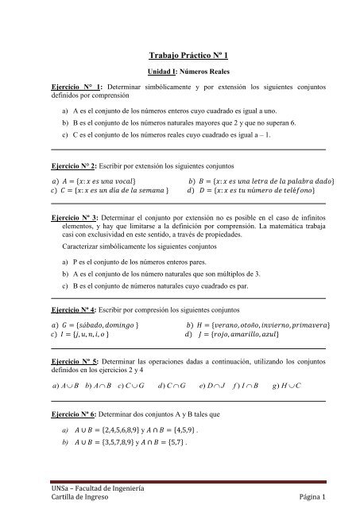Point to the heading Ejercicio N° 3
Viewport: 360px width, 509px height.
tap(75, 217)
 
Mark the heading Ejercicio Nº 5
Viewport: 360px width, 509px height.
tap(75, 359)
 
